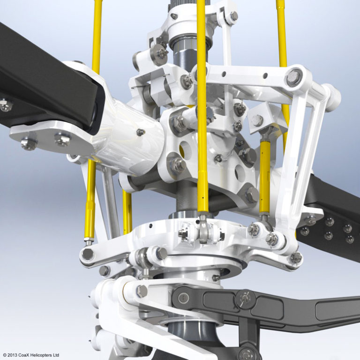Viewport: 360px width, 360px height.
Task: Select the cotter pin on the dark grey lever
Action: pyautogui.click(x=245, y=298)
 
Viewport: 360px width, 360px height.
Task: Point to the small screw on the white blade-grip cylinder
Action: pyautogui.click(x=140, y=132)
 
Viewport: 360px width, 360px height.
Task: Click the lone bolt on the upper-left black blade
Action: pyautogui.click(x=5, y=105)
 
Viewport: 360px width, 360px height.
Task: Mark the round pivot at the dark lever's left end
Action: pyautogui.click(x=183, y=297)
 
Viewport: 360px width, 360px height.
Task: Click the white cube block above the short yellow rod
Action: pyautogui.click(x=257, y=120)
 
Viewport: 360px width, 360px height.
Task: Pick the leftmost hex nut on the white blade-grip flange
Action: pyautogui.click(x=28, y=143)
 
